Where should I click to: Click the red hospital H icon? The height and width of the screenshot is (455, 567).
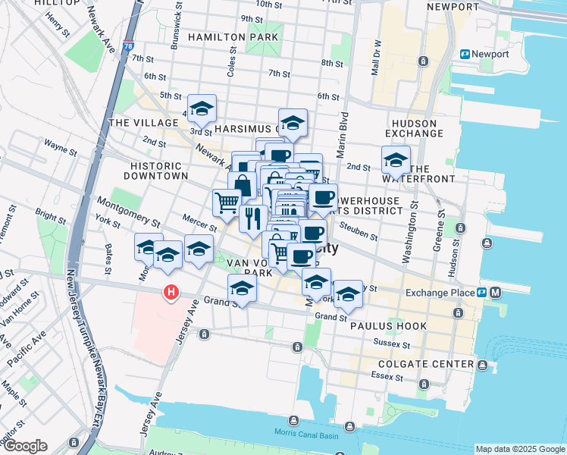pyautogui.click(x=172, y=292)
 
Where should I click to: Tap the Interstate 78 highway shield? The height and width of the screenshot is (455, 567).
pyautogui.click(x=130, y=46)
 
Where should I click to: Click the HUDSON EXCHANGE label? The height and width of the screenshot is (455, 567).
pyautogui.click(x=415, y=128)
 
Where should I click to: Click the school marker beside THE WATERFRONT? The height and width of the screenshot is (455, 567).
pyautogui.click(x=396, y=160)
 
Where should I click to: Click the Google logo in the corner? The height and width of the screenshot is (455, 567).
pyautogui.click(x=24, y=446)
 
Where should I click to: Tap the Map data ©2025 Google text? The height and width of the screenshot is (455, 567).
pyautogui.click(x=519, y=449)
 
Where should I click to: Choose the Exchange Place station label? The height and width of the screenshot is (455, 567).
pyautogui.click(x=439, y=293)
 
